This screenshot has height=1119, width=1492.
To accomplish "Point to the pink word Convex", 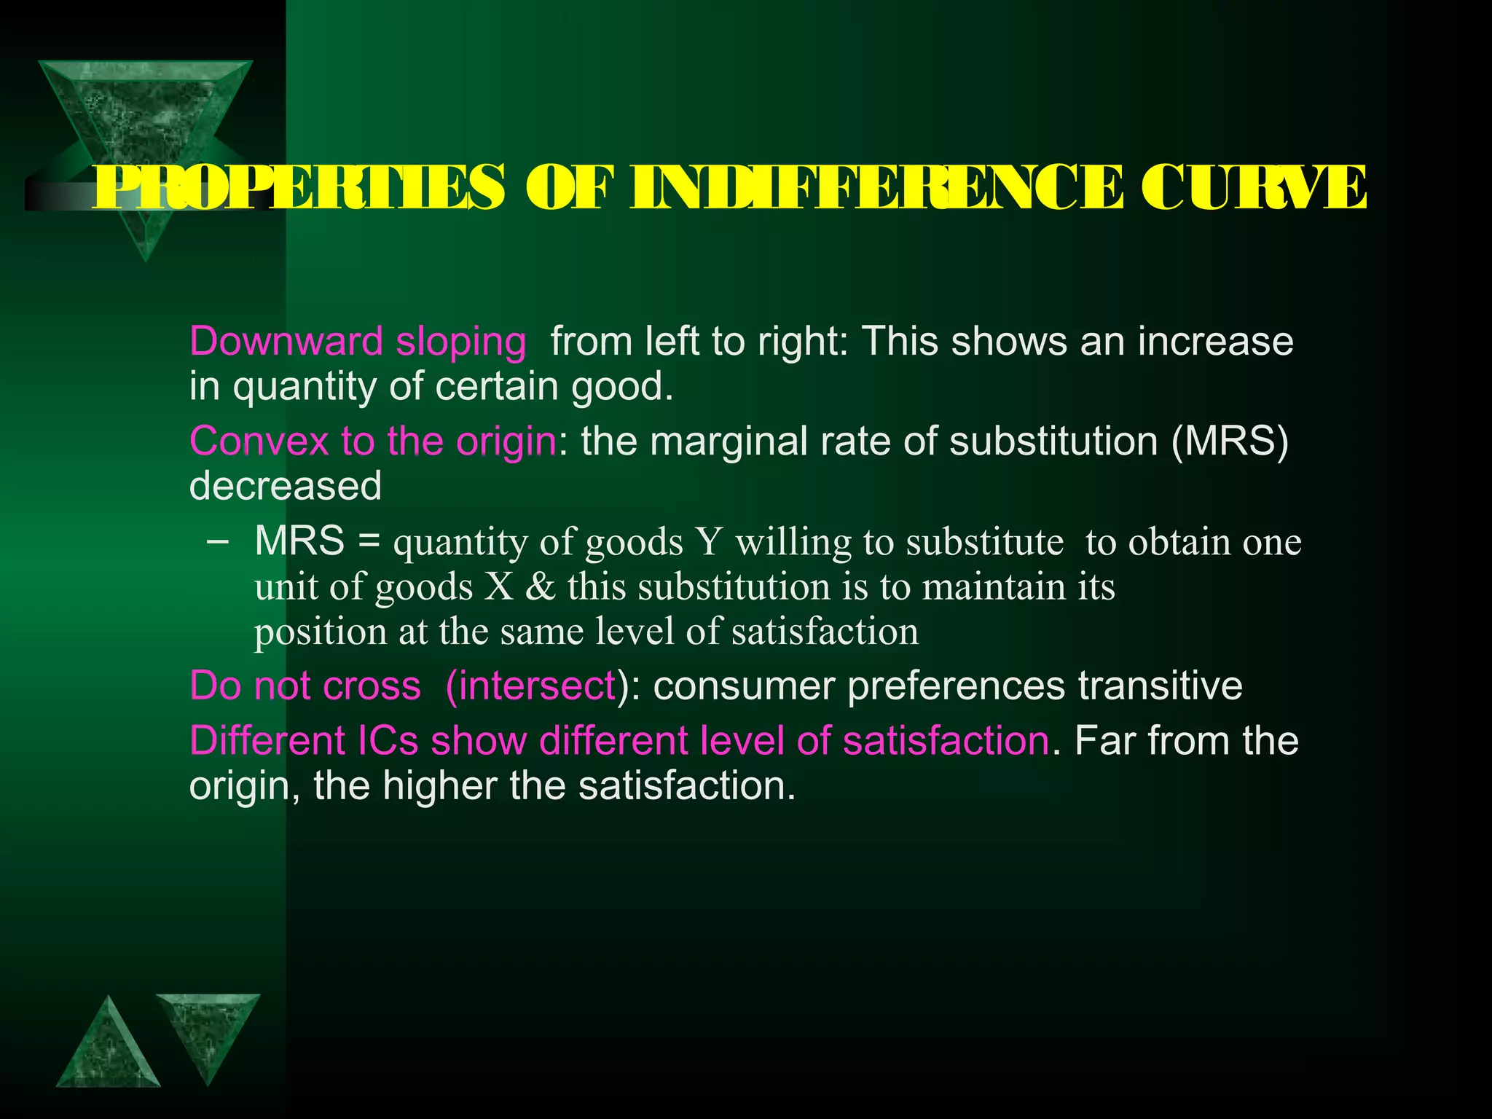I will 259,441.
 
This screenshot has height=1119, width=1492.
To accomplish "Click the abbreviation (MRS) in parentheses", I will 1230,441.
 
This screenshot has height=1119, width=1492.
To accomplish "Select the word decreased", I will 285,485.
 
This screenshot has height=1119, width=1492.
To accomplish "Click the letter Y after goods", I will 708,542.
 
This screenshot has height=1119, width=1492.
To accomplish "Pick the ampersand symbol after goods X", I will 540,586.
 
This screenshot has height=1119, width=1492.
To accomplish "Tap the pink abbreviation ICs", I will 388,741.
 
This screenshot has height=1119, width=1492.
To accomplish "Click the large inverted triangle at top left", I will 145,131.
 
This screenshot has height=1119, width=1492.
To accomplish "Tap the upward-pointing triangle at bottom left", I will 108,1049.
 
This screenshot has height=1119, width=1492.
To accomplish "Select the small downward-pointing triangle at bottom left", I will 208,1031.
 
